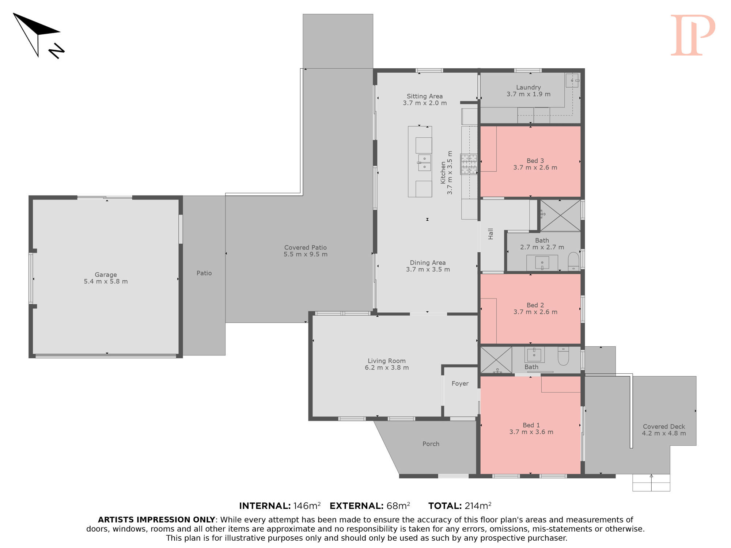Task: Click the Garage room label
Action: [106, 278]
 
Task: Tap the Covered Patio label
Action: [306, 251]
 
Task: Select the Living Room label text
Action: [387, 364]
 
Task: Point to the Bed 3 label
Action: [535, 164]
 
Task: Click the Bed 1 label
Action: [531, 429]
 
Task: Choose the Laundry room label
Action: [529, 91]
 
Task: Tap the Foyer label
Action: [460, 384]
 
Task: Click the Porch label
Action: [431, 444]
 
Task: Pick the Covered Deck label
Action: [664, 430]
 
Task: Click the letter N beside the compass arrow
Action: [57, 51]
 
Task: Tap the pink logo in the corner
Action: [693, 35]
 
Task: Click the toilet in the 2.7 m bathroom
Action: [573, 261]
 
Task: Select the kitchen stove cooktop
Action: [469, 164]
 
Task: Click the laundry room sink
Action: [572, 80]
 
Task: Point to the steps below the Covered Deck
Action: [651, 483]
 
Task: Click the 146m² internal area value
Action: [307, 506]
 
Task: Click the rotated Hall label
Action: [491, 234]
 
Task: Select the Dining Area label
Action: [428, 266]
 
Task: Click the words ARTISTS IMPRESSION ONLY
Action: [156, 520]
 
